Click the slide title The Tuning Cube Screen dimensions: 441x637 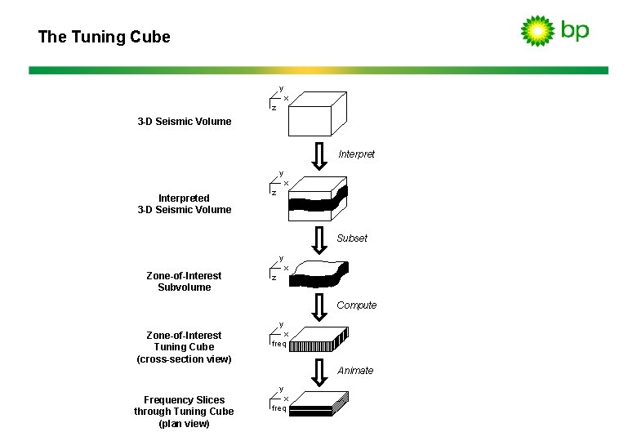pyautogui.click(x=104, y=37)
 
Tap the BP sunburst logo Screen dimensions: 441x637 pyautogui.click(x=537, y=31)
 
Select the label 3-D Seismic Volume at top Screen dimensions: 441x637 pyautogui.click(x=184, y=122)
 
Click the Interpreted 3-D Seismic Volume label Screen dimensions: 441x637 pyautogui.click(x=184, y=204)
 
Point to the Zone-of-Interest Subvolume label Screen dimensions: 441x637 pyautogui.click(x=184, y=282)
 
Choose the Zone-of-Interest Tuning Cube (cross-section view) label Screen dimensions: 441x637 pyautogui.click(x=184, y=347)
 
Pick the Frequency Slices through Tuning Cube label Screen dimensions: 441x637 pyautogui.click(x=184, y=412)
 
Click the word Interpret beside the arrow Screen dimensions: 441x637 pyautogui.click(x=356, y=154)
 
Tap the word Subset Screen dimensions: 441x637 pyautogui.click(x=352, y=238)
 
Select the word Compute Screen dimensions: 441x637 pyautogui.click(x=356, y=305)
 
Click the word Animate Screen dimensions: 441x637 pyautogui.click(x=355, y=371)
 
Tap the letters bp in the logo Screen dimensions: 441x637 pyautogui.click(x=574, y=31)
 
